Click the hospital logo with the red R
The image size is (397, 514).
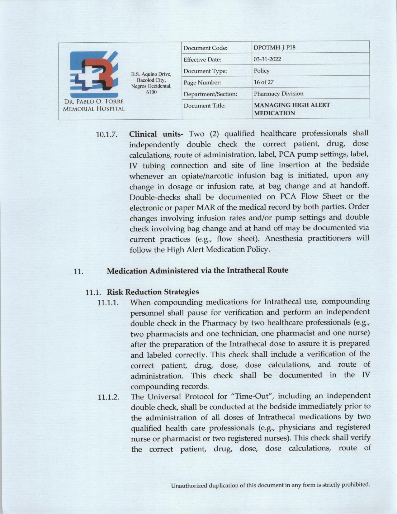coord(94,75)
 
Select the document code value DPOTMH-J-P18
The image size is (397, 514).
coord(274,48)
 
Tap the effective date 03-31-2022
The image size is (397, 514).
coord(267,59)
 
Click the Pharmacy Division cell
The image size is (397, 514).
coord(278,93)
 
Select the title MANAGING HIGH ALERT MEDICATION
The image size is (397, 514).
coord(292,109)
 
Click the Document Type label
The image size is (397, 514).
coord(205,71)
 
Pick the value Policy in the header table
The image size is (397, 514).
coord(262,71)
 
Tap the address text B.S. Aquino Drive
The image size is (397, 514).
coord(151,74)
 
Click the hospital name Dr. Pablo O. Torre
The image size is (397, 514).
coord(94,102)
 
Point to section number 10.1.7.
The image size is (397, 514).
coord(106,135)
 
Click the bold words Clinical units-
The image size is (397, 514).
coord(156,134)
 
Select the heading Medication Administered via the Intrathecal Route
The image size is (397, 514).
coord(197,270)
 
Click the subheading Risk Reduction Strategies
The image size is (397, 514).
coord(153,292)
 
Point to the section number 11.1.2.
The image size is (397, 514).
coord(108,397)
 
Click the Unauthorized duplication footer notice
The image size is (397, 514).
coord(270,485)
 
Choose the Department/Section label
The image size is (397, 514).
coord(210,94)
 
